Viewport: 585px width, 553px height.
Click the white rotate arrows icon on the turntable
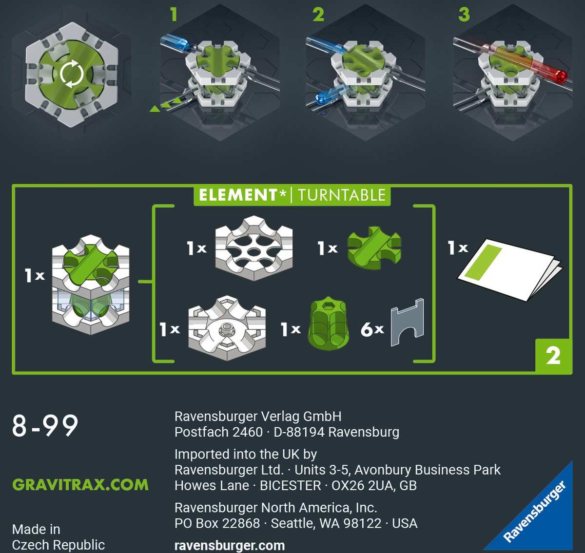71,74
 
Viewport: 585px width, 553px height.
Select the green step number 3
464,15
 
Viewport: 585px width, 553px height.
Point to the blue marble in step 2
321,99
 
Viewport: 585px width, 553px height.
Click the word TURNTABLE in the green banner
342,195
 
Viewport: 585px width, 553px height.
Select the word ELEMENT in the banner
238,195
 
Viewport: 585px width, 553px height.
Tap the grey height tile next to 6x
407,323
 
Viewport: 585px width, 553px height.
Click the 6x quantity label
372,329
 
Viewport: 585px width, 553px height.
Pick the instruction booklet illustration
510,269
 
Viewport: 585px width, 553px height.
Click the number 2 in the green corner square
553,356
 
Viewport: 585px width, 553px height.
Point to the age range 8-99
45,426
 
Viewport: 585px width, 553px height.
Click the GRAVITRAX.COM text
80,485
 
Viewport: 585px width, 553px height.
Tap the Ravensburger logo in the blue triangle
535,511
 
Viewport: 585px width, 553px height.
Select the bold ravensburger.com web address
230,546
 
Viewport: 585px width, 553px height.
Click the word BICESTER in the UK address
291,486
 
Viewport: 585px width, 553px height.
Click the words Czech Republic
58,545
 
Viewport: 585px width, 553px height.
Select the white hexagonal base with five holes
254,248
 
